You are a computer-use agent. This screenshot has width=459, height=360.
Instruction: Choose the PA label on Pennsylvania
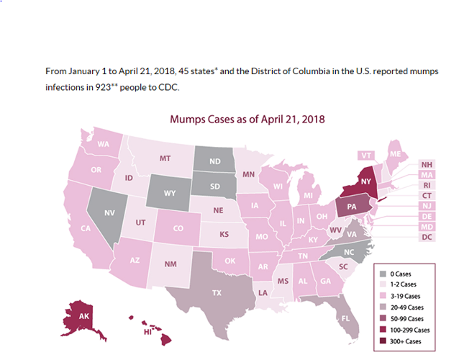pyautogui.click(x=350, y=208)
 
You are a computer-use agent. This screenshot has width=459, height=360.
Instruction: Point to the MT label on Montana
pyautogui.click(x=165, y=158)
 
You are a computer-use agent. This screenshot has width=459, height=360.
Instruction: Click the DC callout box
pyautogui.click(x=427, y=237)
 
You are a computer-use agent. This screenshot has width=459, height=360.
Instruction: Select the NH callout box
pyautogui.click(x=427, y=164)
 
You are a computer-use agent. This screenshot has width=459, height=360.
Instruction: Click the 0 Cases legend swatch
pyautogui.click(x=383, y=274)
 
